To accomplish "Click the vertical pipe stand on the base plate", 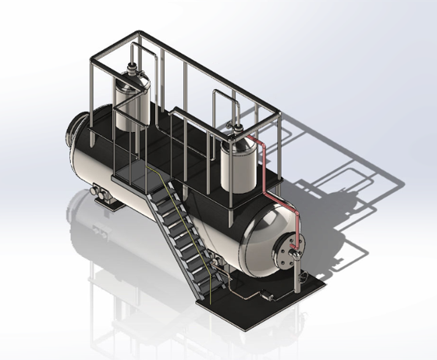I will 299,277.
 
